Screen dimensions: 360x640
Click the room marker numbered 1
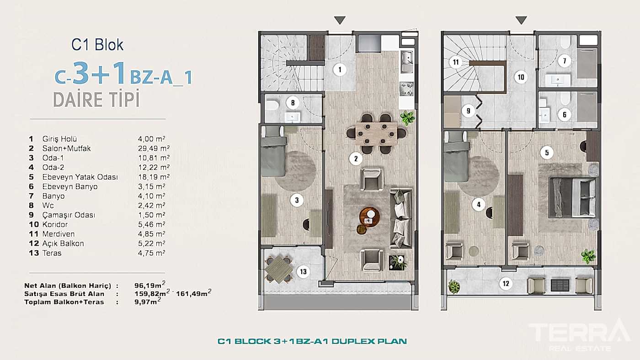click(x=339, y=70)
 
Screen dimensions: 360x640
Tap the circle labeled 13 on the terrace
click(x=303, y=272)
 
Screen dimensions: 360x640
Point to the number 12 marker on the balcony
click(x=506, y=284)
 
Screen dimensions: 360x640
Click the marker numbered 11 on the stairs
click(x=455, y=63)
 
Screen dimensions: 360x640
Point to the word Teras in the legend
click(x=51, y=253)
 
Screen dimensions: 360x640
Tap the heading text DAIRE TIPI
click(x=96, y=99)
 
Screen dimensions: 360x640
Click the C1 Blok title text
click(x=97, y=44)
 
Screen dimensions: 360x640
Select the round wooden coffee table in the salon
click(x=369, y=216)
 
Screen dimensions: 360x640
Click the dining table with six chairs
click(x=376, y=133)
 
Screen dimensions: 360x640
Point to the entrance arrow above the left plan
click(x=339, y=20)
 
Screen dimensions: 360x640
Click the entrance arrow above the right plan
click(x=521, y=20)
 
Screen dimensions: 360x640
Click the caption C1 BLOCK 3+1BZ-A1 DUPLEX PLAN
click(x=312, y=341)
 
